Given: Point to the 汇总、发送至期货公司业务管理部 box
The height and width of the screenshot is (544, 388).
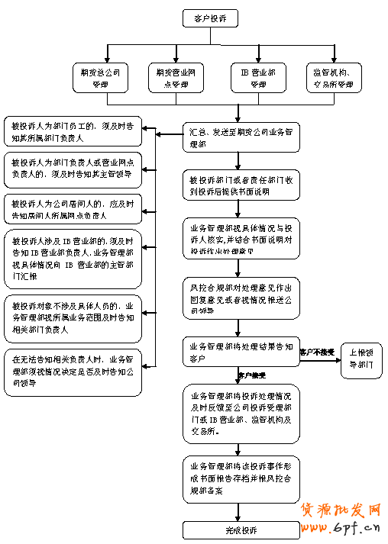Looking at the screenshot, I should [239, 137].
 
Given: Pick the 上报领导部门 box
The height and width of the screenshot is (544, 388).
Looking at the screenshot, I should [361, 359].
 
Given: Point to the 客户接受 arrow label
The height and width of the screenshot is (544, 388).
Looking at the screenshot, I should [252, 375].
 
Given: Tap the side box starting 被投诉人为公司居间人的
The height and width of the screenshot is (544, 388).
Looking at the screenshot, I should [73, 210].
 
